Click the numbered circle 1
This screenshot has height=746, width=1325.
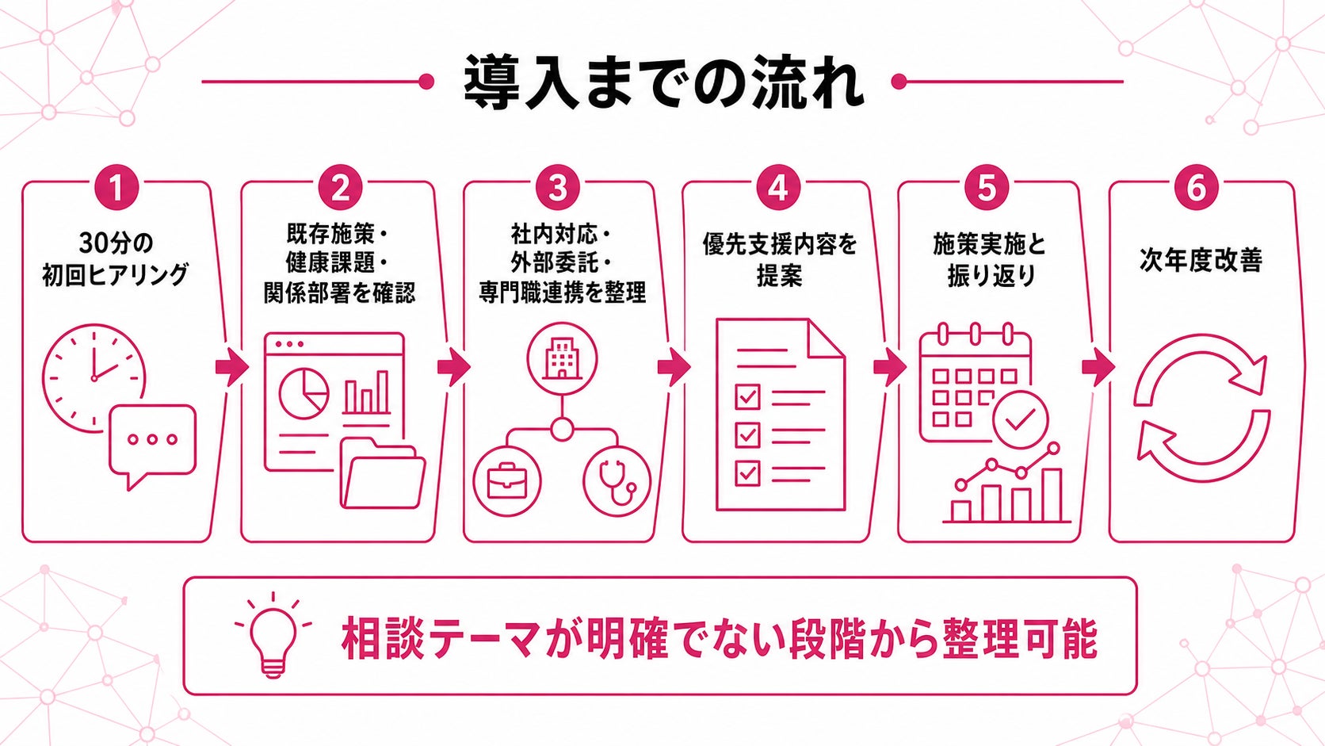pyautogui.click(x=116, y=188)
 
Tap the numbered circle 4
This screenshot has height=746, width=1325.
pyautogui.click(x=778, y=188)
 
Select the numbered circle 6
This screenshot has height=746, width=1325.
pyautogui.click(x=1197, y=188)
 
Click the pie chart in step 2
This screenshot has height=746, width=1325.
pyautogui.click(x=304, y=393)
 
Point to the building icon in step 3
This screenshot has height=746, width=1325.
pyautogui.click(x=561, y=358)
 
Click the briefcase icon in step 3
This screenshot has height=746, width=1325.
pyautogui.click(x=507, y=482)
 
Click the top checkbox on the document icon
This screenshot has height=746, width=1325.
pyautogui.click(x=747, y=396)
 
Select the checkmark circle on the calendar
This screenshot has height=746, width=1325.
pyautogui.click(x=1021, y=419)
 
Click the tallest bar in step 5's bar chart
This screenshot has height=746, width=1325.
pyautogui.click(x=1051, y=495)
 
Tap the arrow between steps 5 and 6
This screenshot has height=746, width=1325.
pyautogui.click(x=1098, y=367)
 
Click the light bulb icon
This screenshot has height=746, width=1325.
pyautogui.click(x=273, y=635)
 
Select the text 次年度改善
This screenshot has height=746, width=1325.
pyautogui.click(x=1201, y=260)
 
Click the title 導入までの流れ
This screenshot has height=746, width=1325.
pyautogui.click(x=662, y=82)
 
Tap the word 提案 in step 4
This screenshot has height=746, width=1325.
pyautogui.click(x=779, y=276)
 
